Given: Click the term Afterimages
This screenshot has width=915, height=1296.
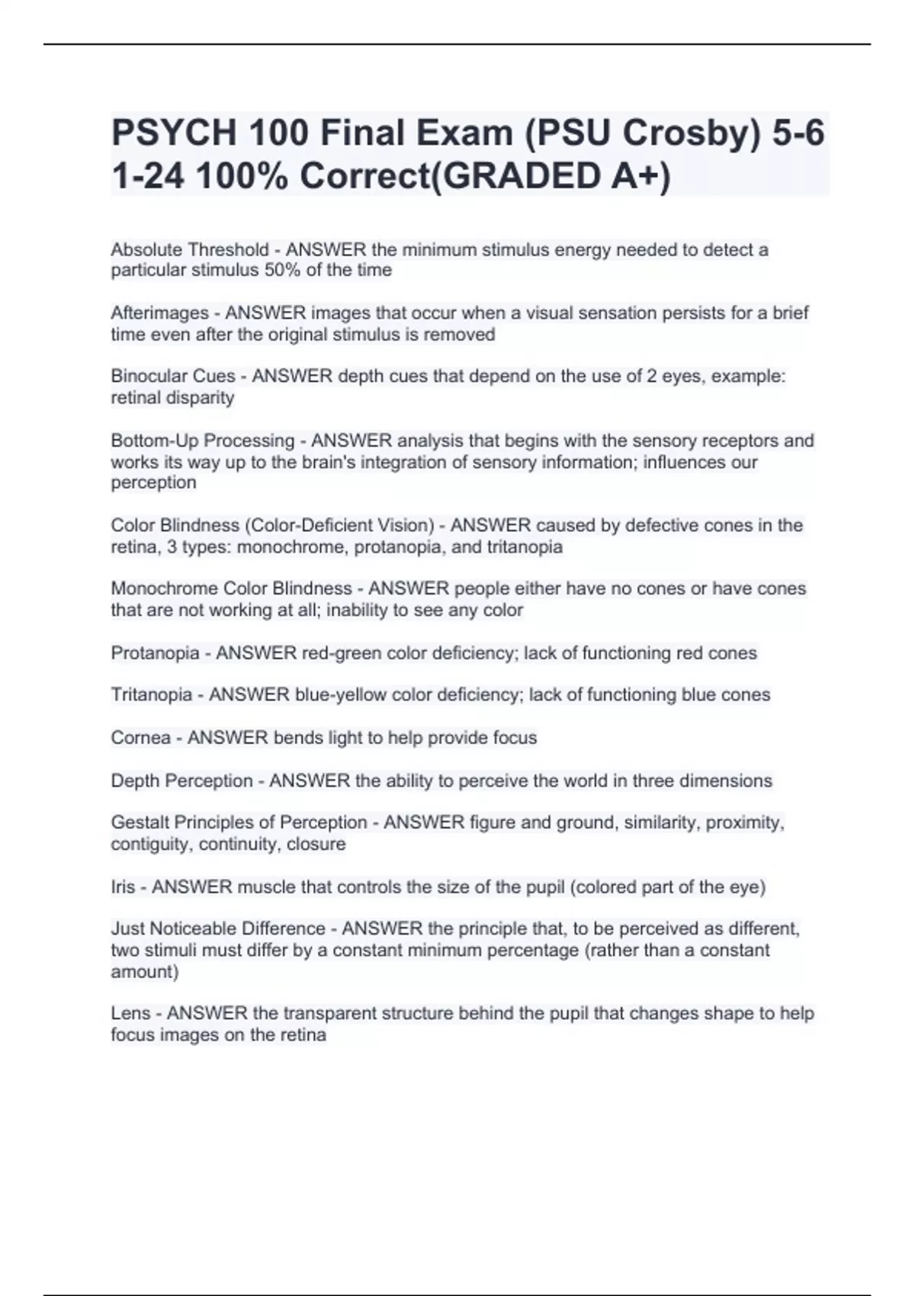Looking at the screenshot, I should pyautogui.click(x=159, y=313).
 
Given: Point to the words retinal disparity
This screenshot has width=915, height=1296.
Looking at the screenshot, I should pyautogui.click(x=172, y=397).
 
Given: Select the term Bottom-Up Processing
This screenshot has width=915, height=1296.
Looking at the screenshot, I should pyautogui.click(x=202, y=441).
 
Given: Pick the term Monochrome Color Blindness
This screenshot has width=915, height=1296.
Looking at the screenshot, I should pyautogui.click(x=231, y=589).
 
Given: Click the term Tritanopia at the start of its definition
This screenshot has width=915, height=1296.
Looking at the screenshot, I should pyautogui.click(x=151, y=695).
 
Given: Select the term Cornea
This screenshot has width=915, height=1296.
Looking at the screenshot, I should pyautogui.click(x=140, y=738).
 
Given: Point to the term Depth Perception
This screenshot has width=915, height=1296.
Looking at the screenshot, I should pyautogui.click(x=181, y=781).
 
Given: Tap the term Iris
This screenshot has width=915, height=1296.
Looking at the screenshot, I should pyautogui.click(x=122, y=887).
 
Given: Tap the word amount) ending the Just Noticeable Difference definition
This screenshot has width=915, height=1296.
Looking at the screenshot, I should pyautogui.click(x=145, y=971).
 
